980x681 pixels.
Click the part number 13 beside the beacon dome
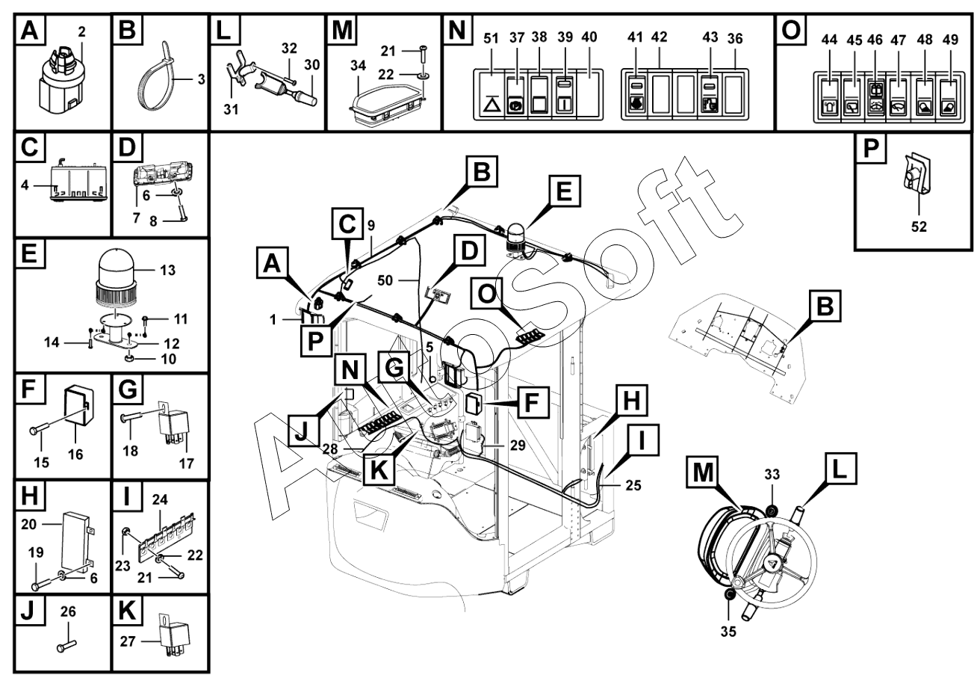point(167,270)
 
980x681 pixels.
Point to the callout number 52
point(919,227)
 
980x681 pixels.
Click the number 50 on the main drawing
point(385,280)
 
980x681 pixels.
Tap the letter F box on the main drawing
point(533,402)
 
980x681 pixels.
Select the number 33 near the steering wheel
point(772,474)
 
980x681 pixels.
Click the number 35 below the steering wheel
point(728,632)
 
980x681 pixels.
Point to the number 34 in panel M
point(359,66)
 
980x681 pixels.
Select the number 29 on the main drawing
point(518,445)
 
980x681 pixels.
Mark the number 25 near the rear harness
point(633,485)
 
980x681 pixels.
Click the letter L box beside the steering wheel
point(841,468)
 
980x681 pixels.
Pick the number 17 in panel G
point(187,463)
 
